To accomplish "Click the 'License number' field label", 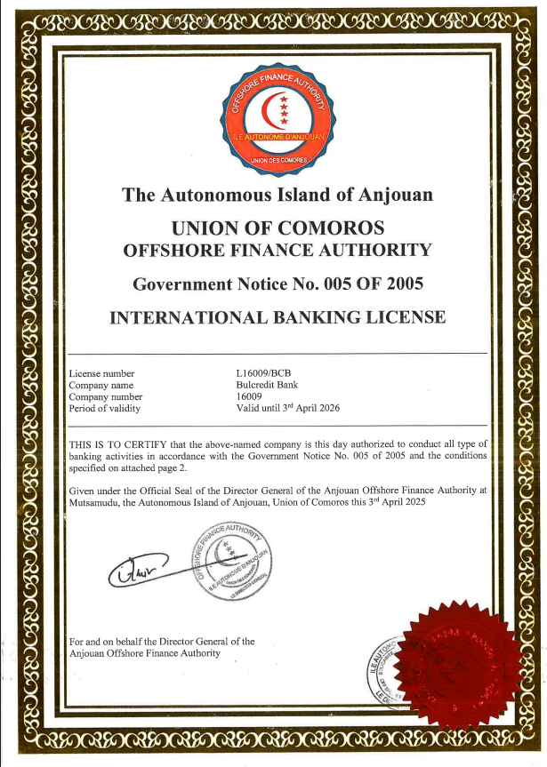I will (x=102, y=374).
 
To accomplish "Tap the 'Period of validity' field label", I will (x=105, y=409).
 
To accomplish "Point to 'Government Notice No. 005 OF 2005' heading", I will (x=277, y=284).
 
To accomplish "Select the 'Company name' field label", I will (x=101, y=386).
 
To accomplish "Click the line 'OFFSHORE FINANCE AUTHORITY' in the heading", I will (x=277, y=250).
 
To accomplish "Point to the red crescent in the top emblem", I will (x=268, y=110).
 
